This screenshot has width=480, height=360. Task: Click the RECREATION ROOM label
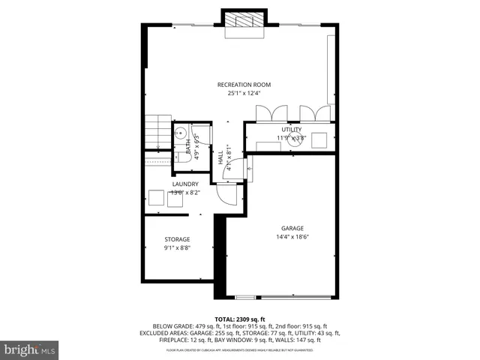(244, 84)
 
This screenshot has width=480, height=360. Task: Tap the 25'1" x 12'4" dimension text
(244, 94)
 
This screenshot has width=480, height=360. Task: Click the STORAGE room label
(177, 239)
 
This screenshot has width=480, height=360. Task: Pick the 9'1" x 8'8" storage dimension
(177, 248)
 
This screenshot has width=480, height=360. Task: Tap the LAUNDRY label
(185, 184)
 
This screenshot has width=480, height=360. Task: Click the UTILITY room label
(292, 130)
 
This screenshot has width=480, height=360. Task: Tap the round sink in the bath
(181, 131)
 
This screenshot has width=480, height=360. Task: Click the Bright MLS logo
(29, 349)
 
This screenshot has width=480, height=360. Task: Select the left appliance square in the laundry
(156, 198)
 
